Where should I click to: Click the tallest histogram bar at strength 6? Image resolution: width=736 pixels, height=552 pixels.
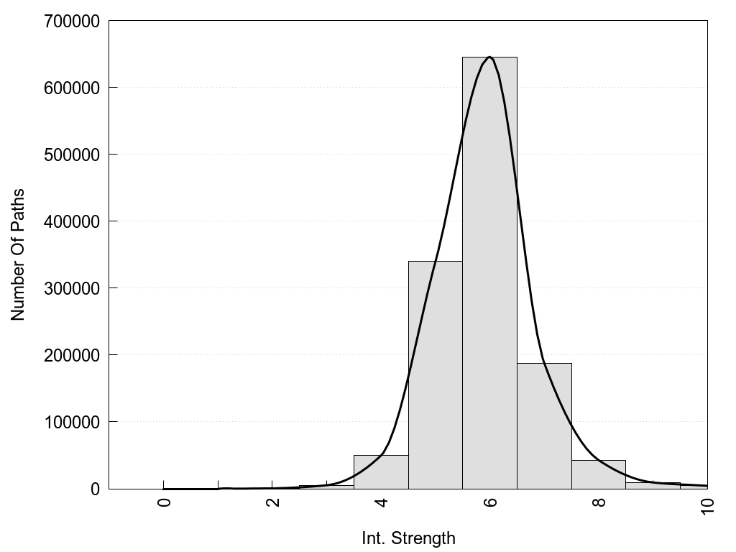(x=489, y=273)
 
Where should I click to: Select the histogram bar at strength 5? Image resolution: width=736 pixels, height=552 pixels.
(x=435, y=374)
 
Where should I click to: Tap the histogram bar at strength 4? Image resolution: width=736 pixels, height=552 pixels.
(x=381, y=471)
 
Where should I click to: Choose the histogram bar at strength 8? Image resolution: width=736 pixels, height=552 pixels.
(x=599, y=474)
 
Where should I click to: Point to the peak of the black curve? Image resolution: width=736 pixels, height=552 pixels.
(x=489, y=57)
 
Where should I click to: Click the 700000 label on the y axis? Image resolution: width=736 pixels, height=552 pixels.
(x=70, y=22)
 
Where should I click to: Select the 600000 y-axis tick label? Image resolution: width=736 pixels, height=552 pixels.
(x=70, y=88)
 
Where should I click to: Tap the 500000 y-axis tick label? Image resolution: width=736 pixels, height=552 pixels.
(x=70, y=155)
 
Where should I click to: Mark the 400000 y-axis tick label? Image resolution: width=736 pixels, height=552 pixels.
(x=70, y=221)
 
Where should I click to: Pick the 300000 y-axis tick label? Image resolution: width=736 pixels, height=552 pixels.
(x=70, y=288)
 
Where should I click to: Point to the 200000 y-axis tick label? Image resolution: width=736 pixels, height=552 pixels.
(x=70, y=355)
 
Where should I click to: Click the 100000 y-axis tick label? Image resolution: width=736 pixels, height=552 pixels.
(x=70, y=422)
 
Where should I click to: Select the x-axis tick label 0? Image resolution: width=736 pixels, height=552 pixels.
(x=165, y=502)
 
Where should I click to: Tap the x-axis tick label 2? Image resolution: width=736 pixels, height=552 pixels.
(x=273, y=502)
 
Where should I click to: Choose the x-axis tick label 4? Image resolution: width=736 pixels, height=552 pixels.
(x=382, y=502)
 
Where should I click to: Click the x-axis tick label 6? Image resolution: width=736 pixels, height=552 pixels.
(x=490, y=502)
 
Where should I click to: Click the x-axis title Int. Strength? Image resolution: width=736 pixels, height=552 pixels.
(x=408, y=538)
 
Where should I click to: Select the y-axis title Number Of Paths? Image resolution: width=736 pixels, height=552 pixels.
(x=18, y=254)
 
